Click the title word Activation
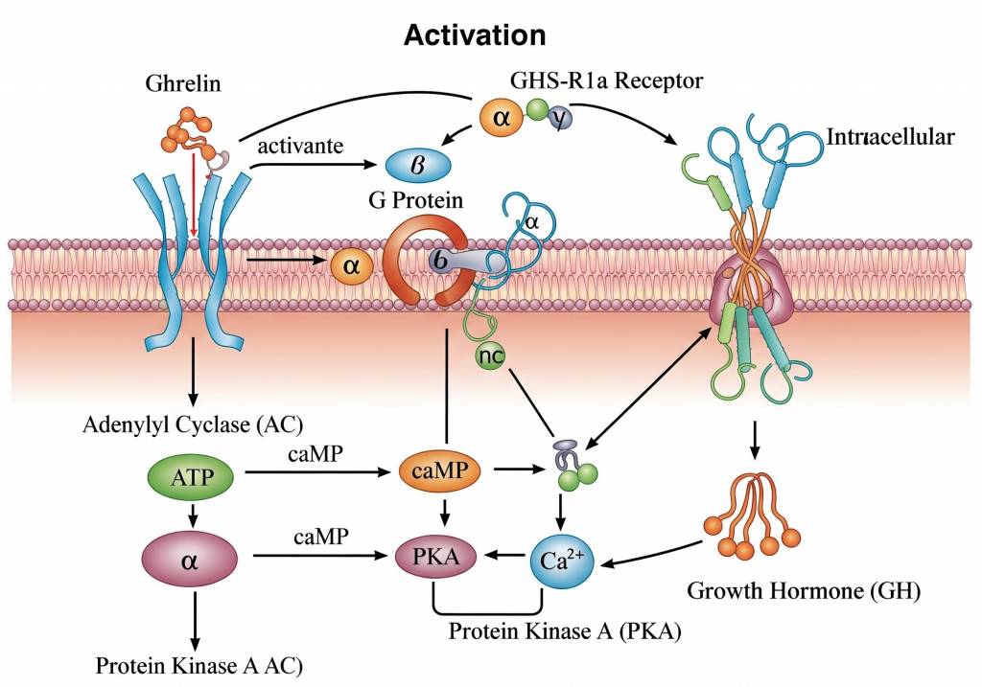[475, 35]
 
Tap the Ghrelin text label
[182, 83]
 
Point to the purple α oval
[190, 557]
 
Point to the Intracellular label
[890, 136]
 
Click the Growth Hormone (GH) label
[804, 590]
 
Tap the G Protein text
[415, 201]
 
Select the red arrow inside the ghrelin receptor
[194, 192]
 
